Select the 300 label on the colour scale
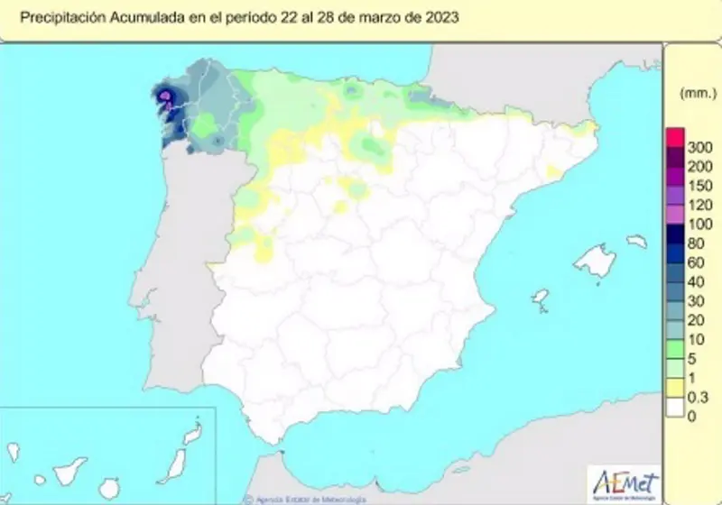tap(700, 147)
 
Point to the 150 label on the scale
tap(700, 186)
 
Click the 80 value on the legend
tap(697, 243)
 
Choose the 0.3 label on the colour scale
tap(699, 397)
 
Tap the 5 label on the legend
tap(692, 359)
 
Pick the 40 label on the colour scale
tap(697, 281)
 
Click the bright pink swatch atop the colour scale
tap(675, 138)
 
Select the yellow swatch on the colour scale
tap(675, 388)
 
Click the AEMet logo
tap(625, 480)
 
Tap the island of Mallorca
tap(595, 262)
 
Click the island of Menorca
tap(637, 243)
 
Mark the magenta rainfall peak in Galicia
tap(166, 96)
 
